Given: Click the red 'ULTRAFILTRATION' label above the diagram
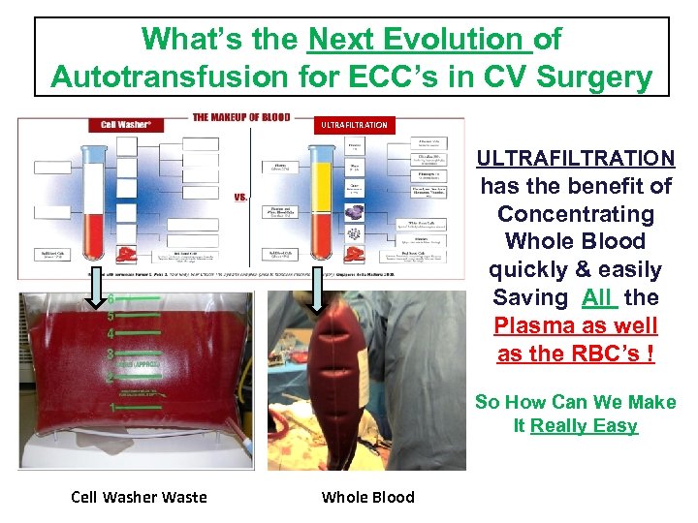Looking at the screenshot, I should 354,124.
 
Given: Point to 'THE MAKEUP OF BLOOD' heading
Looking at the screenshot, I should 241,117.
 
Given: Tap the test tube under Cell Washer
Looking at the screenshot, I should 96,203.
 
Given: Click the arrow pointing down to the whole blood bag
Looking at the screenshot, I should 318,294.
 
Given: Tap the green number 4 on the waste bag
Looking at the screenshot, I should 111,333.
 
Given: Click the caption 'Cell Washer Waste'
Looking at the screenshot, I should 139,497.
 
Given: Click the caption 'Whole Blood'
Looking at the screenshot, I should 367,497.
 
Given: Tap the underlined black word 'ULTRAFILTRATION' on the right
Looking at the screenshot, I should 576,158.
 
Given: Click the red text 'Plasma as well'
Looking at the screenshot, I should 576,325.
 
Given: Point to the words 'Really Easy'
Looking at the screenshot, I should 584,425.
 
